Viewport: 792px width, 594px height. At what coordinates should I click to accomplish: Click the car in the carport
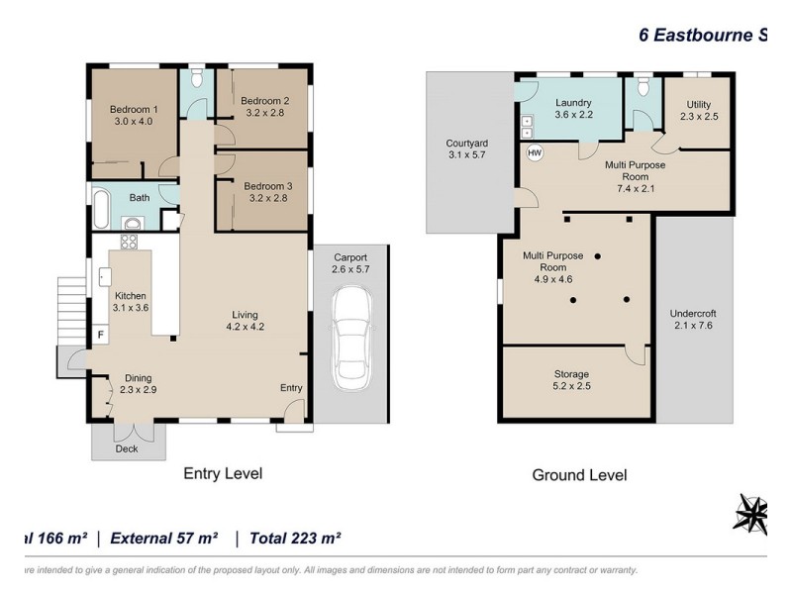point(352,339)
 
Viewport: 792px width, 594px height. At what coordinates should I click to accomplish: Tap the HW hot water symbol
point(535,152)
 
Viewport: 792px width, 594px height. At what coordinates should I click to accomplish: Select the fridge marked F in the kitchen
point(101,335)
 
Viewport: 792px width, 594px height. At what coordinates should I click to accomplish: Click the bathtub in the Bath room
point(101,209)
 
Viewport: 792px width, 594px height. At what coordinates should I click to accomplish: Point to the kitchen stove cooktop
point(129,242)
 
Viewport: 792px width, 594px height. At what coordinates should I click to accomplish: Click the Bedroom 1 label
point(134,109)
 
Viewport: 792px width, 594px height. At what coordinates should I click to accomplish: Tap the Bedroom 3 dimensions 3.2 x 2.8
point(268,198)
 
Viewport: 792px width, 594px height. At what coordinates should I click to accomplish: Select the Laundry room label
point(573,103)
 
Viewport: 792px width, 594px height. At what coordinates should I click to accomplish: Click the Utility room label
point(699,105)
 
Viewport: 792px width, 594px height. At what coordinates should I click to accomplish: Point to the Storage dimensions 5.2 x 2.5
point(572,386)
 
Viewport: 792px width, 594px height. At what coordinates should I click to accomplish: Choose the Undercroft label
point(693,313)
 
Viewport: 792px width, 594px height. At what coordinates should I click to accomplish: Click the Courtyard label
point(466,143)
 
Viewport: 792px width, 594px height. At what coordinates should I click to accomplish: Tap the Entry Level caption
point(223,473)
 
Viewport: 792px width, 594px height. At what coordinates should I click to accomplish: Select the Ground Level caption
point(579,475)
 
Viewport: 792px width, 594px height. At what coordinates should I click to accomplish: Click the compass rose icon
point(751,513)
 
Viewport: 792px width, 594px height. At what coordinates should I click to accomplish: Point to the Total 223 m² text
point(295,538)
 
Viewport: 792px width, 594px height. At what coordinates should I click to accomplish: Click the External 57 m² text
point(164,538)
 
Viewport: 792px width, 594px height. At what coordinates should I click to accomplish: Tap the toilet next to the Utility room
point(643,86)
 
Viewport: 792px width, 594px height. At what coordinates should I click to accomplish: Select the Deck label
point(127,448)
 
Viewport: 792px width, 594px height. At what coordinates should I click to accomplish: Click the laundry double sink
point(527,127)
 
